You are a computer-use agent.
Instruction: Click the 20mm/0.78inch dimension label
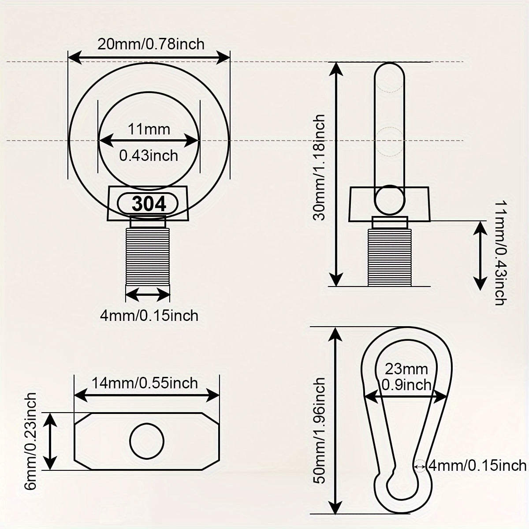151,44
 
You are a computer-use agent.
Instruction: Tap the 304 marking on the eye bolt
149,204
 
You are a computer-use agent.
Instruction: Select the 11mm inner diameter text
149,129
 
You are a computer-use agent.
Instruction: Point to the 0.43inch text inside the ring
149,155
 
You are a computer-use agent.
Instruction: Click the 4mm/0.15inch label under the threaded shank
149,315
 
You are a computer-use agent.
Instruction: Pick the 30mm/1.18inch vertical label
319,168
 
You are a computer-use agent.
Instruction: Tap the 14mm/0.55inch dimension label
145,383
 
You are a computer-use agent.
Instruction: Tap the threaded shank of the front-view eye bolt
149,256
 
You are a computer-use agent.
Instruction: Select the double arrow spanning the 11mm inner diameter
149,141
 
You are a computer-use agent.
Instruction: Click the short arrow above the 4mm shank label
148,293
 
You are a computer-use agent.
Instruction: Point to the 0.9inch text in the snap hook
406,385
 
